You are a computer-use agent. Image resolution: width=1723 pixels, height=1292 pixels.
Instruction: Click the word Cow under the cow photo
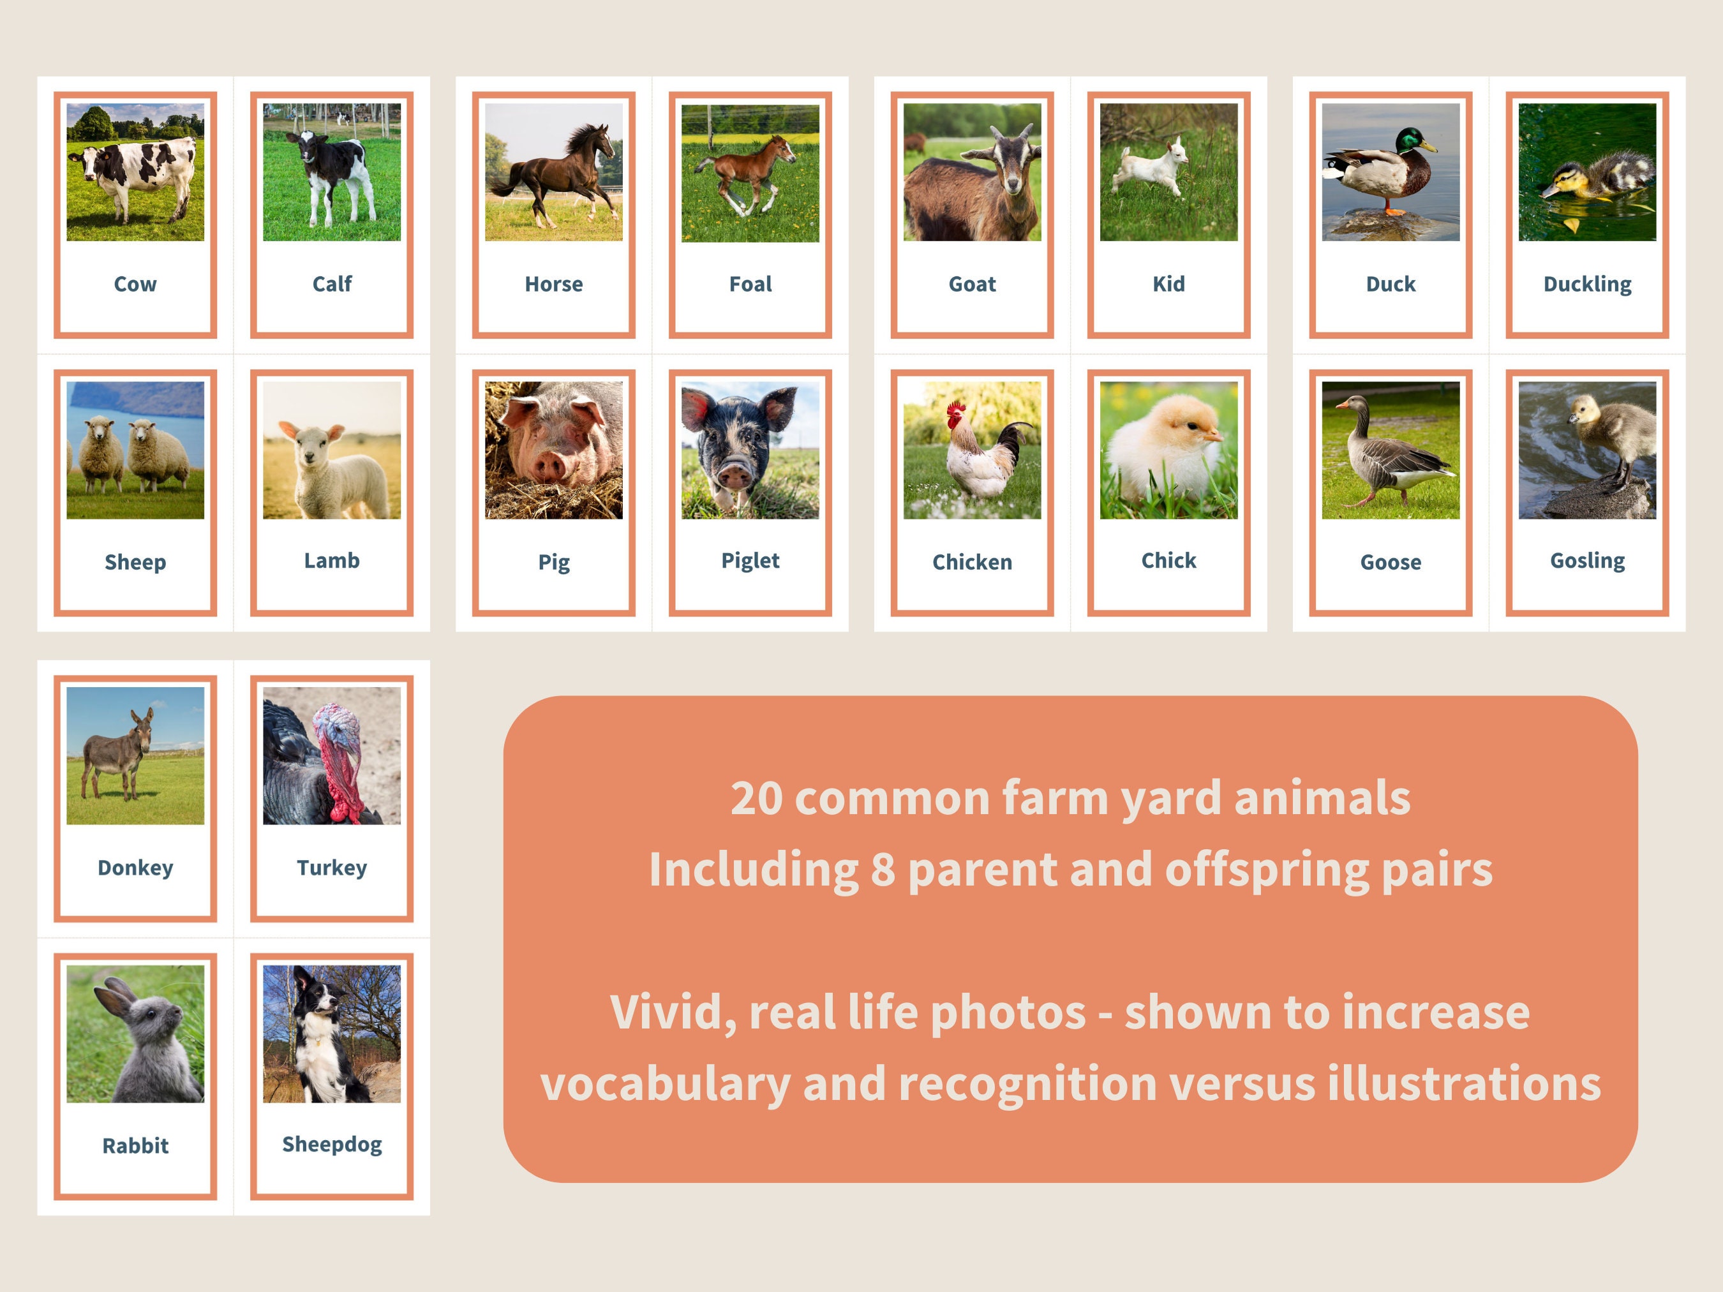pos(135,285)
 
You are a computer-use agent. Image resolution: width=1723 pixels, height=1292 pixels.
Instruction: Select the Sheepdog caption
pos(332,1144)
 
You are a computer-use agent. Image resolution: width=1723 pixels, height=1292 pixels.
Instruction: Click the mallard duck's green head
pos(1409,140)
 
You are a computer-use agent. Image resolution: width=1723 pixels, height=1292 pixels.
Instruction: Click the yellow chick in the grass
pos(1165,452)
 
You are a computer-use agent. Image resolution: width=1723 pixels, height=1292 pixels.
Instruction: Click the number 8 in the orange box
pos(882,870)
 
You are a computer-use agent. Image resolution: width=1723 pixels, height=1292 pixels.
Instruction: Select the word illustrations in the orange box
pos(1464,1084)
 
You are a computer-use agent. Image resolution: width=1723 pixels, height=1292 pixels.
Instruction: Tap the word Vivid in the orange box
pos(673,1013)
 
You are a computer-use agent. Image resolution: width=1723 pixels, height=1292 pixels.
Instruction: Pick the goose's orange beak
pos(1341,404)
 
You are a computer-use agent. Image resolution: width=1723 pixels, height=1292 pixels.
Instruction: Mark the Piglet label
pos(749,561)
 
